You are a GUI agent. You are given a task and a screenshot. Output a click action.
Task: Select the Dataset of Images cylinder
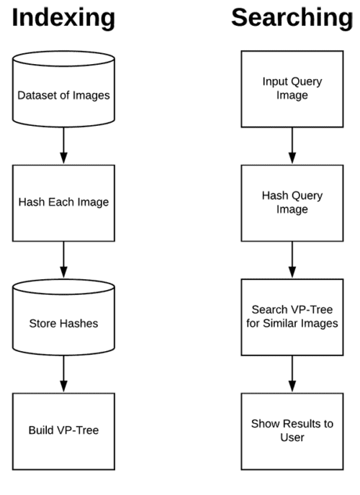(64, 94)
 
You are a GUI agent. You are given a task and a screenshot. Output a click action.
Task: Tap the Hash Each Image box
(64, 201)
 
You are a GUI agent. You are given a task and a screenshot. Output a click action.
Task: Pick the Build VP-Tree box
(64, 430)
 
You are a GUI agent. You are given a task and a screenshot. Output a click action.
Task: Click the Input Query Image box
(292, 88)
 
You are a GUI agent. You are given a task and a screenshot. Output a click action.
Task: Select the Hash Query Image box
(292, 202)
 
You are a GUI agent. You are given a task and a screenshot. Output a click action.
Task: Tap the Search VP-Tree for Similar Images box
(292, 317)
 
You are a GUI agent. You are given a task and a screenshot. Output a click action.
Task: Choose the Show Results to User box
(292, 430)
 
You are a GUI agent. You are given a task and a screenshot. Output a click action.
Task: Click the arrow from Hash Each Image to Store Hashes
(64, 260)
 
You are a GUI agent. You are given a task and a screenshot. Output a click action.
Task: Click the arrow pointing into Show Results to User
(292, 374)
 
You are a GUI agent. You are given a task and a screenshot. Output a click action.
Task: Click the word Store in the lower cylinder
(45, 323)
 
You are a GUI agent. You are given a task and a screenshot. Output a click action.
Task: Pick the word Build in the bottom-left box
(43, 430)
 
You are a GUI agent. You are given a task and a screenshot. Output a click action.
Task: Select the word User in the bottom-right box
(292, 437)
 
